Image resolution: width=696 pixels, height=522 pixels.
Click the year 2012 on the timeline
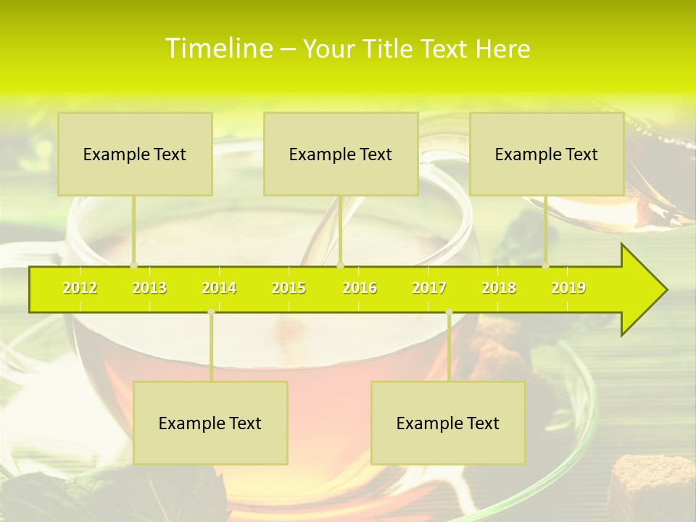tap(80, 289)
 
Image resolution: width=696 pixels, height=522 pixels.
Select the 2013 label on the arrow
tap(149, 289)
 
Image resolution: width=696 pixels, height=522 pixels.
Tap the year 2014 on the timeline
tap(219, 289)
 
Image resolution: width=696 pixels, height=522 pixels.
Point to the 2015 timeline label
tap(289, 289)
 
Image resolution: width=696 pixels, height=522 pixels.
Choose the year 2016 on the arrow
tap(360, 289)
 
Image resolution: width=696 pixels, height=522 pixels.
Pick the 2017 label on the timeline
tap(429, 289)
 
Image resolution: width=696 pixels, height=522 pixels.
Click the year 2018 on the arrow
tap(499, 289)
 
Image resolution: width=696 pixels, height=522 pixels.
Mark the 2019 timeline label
tap(568, 289)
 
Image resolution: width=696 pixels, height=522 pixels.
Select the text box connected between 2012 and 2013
tap(135, 154)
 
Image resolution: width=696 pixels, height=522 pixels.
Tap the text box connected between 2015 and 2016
tap(341, 154)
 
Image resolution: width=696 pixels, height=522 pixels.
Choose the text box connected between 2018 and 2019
tap(547, 154)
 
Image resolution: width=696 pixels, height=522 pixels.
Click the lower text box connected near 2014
tap(210, 423)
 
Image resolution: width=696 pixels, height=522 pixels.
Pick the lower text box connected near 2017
tap(448, 423)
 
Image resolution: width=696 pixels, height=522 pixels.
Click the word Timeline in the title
tap(217, 49)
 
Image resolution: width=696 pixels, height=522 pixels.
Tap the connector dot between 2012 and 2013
tap(133, 265)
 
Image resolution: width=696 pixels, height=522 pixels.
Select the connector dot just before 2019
tap(546, 265)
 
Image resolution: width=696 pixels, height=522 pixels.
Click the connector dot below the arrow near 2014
tap(211, 312)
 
